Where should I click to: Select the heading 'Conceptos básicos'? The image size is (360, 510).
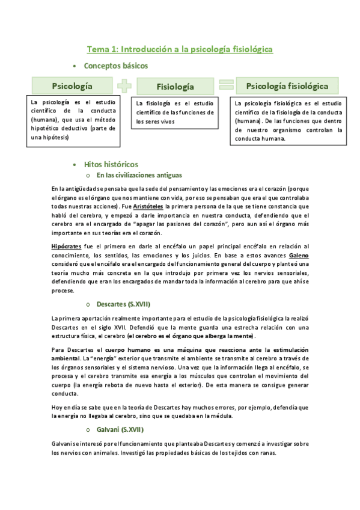pyautogui.click(x=115, y=66)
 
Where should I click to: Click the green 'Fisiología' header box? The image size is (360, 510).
pyautogui.click(x=175, y=87)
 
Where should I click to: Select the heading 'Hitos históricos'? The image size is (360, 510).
pyautogui.click(x=111, y=164)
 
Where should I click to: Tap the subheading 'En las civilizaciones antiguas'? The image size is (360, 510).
pyautogui.click(x=138, y=176)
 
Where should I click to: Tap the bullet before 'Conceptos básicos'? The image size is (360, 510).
pyautogui.click(x=74, y=66)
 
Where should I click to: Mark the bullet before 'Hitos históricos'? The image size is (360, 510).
pyautogui.click(x=74, y=165)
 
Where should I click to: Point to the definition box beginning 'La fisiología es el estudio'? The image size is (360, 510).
pyautogui.click(x=175, y=112)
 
